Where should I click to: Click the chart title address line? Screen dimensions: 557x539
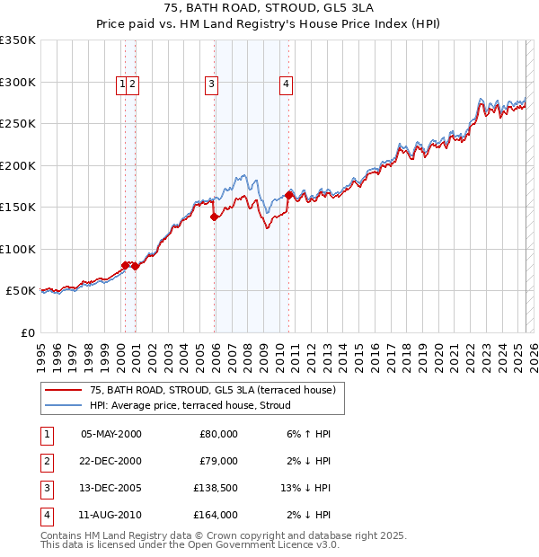click(269, 8)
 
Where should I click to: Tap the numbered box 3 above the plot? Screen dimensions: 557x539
click(211, 84)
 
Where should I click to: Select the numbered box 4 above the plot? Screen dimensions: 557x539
click(286, 84)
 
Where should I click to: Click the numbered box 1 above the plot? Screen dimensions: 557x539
click(121, 84)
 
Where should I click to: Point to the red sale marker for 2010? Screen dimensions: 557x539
click(289, 194)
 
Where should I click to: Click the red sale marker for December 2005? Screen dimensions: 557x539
click(215, 216)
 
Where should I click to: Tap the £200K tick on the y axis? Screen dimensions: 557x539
click(18, 165)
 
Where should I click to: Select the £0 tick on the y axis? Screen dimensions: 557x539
click(28, 332)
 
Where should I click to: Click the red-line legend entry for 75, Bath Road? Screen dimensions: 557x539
click(212, 390)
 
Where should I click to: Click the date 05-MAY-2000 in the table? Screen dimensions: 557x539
click(111, 434)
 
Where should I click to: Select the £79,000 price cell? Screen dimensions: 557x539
click(218, 461)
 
